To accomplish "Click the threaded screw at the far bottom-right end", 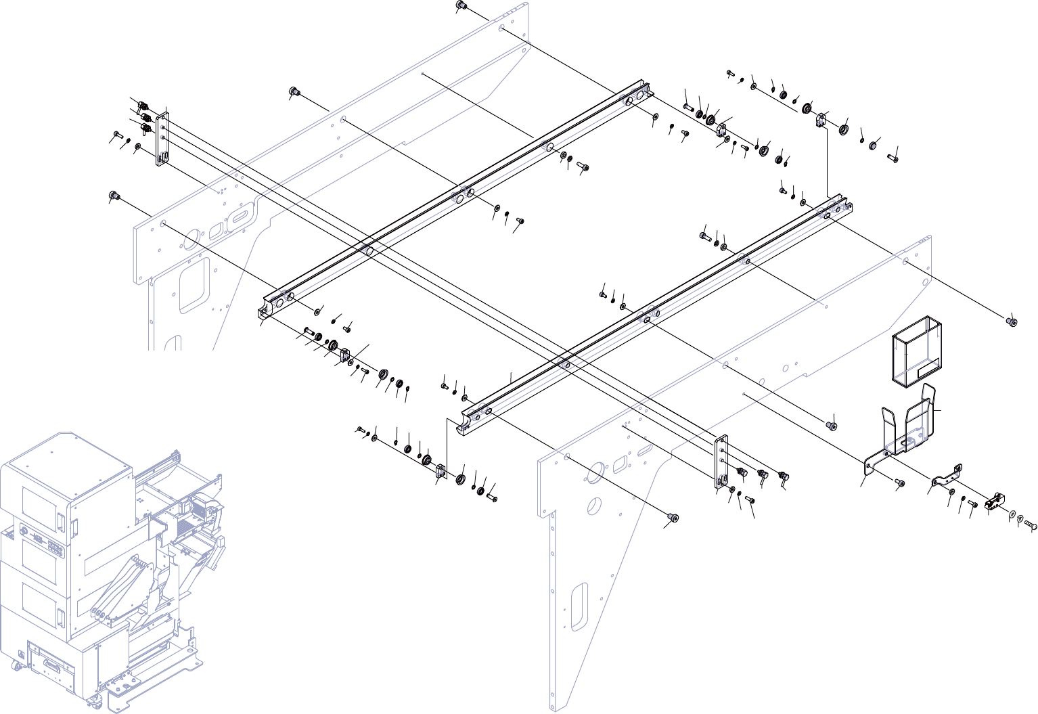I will point(1031,523).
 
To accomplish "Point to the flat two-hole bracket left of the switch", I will point(947,476).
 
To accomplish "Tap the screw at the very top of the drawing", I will point(461,6).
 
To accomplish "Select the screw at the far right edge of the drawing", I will point(1012,320).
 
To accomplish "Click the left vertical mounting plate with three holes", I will point(163,139).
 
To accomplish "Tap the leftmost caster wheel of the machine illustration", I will point(15,667).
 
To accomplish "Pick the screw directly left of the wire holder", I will point(900,482).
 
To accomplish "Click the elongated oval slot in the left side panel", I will point(239,217).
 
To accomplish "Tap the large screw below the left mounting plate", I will point(114,196).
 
